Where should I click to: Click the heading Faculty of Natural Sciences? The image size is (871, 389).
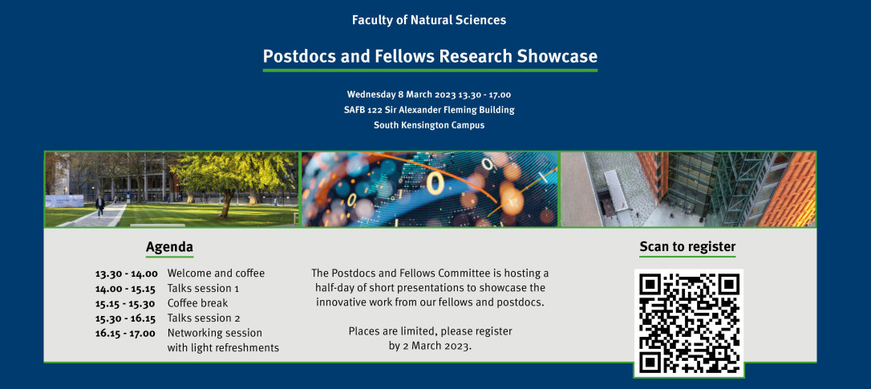pyautogui.click(x=429, y=21)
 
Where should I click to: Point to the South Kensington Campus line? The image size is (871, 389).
pyautogui.click(x=429, y=125)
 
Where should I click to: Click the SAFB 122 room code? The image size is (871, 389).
pyautogui.click(x=363, y=109)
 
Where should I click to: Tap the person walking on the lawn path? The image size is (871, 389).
pyautogui.click(x=100, y=205)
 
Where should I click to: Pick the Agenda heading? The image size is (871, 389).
pyautogui.click(x=169, y=247)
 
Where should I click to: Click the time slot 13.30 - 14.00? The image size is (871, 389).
pyautogui.click(x=126, y=274)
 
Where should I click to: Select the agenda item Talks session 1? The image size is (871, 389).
pyautogui.click(x=203, y=289)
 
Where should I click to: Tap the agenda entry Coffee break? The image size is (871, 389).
pyautogui.click(x=198, y=303)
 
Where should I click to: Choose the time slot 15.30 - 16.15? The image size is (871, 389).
pyautogui.click(x=126, y=318)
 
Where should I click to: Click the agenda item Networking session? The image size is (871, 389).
pyautogui.click(x=214, y=334)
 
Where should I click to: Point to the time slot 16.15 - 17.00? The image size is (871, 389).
pyautogui.click(x=125, y=334)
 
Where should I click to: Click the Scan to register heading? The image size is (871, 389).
pyautogui.click(x=687, y=247)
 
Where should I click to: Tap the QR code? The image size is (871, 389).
pyautogui.click(x=689, y=323)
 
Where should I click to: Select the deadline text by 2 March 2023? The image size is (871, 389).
pyautogui.click(x=430, y=346)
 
